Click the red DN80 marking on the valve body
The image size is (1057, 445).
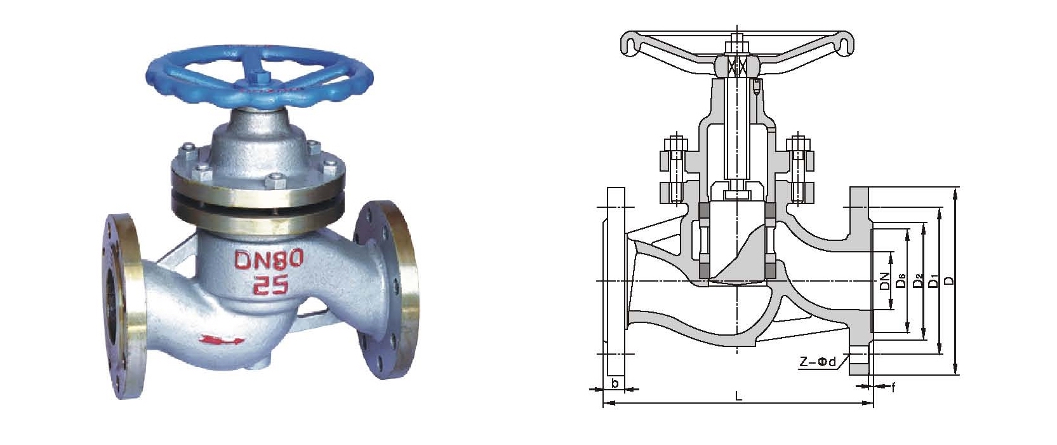pos(269,259)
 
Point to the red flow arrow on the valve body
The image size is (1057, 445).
pos(221,339)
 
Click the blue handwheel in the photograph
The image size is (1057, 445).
pos(260,76)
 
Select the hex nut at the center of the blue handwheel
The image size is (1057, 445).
pos(260,75)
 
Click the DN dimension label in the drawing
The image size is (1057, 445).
pos(884,281)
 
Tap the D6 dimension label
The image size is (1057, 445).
pos(900,281)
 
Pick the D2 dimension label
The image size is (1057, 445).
pos(917,281)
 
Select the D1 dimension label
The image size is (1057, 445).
pos(934,281)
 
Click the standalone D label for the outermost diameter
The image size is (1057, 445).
pos(950,281)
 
